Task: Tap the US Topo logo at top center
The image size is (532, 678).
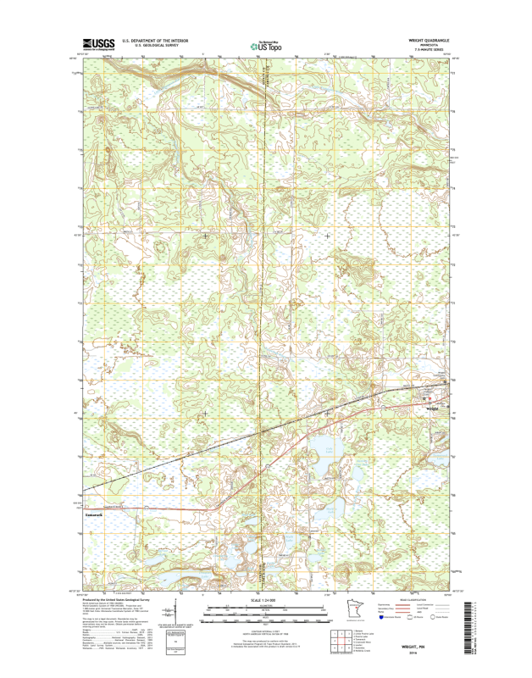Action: click(267, 46)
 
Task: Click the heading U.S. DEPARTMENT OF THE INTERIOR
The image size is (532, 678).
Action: click(155, 40)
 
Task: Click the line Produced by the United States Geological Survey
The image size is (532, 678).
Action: click(116, 599)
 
